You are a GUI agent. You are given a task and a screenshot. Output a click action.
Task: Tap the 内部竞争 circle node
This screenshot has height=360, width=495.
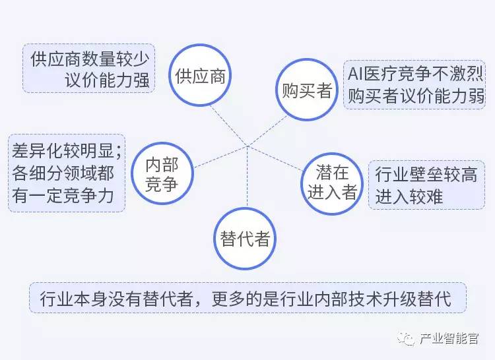(162, 175)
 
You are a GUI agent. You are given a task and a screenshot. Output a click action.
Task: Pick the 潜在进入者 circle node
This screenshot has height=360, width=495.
(332, 182)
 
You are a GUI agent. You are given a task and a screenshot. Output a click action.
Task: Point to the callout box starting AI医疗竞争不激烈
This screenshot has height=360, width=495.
(416, 84)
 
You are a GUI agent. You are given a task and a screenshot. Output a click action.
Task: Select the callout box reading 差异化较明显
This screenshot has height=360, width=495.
(66, 173)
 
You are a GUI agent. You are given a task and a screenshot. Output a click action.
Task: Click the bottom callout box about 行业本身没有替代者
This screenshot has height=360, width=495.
(247, 299)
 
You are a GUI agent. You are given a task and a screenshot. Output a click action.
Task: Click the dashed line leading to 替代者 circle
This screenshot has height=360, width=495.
(246, 178)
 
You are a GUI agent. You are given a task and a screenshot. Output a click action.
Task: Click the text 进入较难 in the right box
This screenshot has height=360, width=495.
(409, 196)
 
